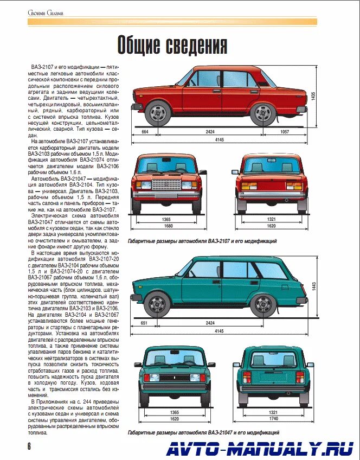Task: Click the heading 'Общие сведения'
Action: (172, 46)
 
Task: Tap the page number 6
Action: (29, 445)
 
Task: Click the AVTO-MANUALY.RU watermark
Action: (260, 448)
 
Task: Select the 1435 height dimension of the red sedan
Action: (313, 97)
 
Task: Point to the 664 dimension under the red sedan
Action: (145, 132)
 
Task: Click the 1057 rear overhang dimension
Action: (284, 132)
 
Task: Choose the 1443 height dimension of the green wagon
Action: (313, 286)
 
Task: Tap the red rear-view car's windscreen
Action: (272, 167)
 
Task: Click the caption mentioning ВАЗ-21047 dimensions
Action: (203, 433)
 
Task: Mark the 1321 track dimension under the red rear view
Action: (272, 219)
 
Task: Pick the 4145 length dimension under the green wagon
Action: (219, 330)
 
